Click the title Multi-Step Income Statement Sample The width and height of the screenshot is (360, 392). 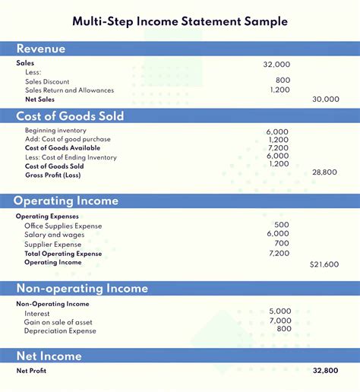click(180, 21)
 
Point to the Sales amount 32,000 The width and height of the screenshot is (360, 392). click(276, 65)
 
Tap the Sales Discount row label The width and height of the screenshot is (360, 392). click(47, 81)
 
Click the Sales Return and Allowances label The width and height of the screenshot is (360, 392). click(69, 90)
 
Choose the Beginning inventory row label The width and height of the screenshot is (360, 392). click(55, 131)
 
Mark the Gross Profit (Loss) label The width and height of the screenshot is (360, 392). click(53, 175)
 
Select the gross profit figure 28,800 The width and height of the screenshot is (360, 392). click(325, 172)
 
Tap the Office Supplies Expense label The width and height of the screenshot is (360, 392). click(63, 226)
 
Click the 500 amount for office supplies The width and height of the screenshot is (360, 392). click(282, 225)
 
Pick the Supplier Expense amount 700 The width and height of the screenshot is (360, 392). click(282, 243)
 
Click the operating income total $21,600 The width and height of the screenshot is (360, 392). click(324, 264)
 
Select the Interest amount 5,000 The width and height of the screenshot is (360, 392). click(279, 311)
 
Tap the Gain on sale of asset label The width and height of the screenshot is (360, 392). click(59, 322)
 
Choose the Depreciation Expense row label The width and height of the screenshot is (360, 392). click(60, 331)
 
